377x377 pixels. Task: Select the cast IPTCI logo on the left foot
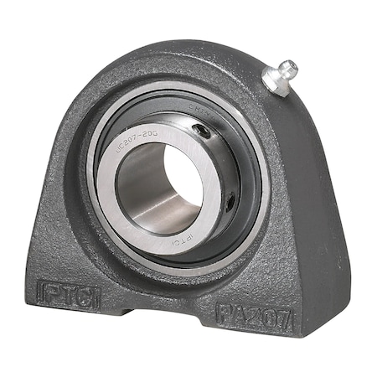click(70, 294)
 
